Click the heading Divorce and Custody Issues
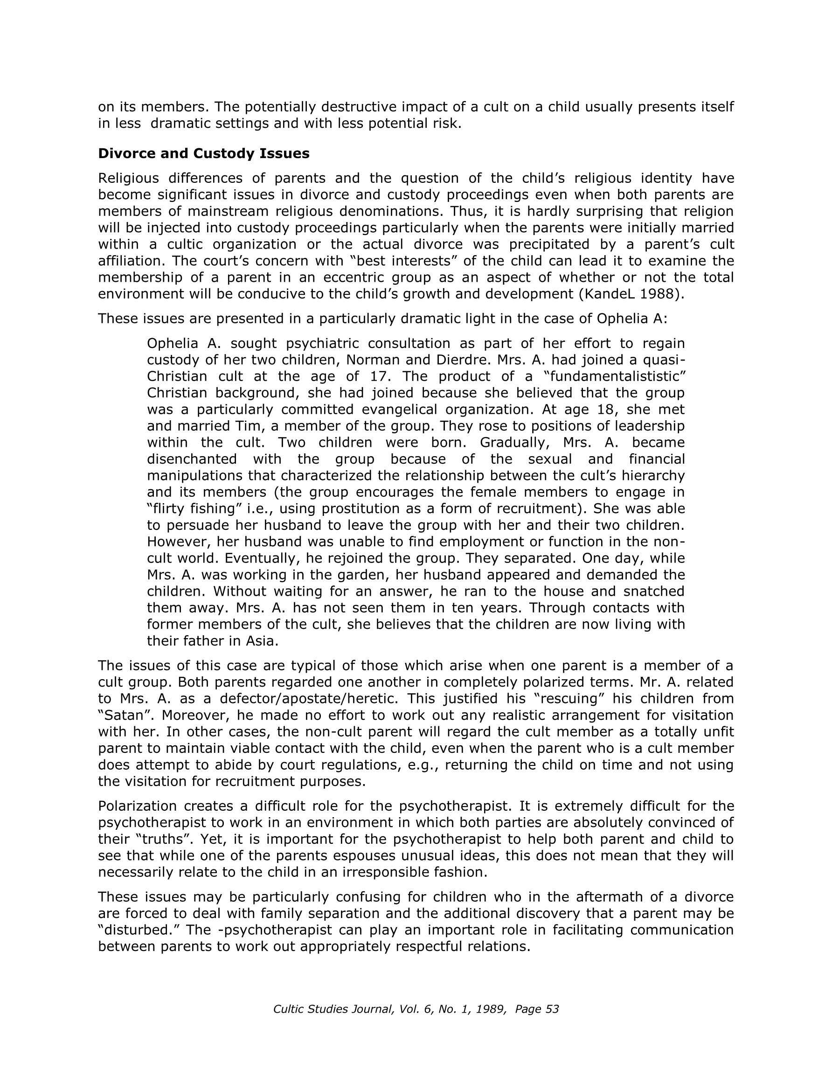pos(204,153)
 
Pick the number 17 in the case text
pos(380,376)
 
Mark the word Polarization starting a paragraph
pos(137,806)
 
